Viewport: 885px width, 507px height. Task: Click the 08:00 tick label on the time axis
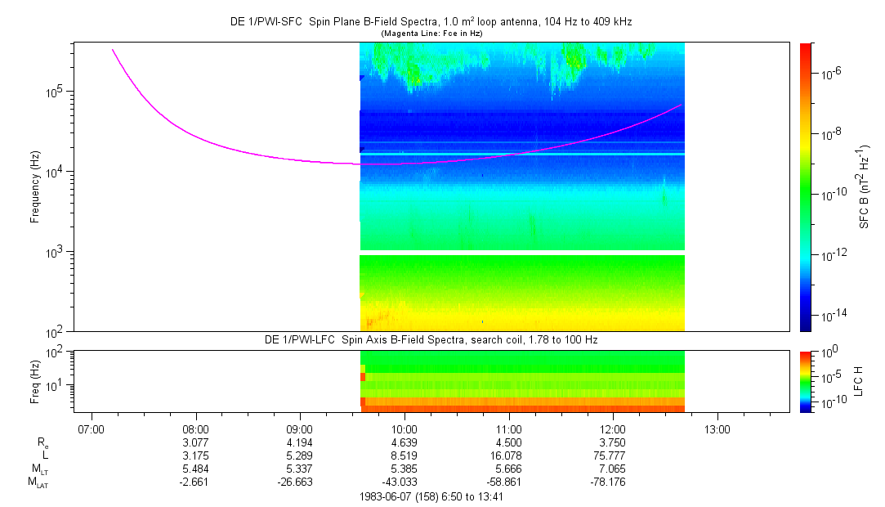tap(195, 428)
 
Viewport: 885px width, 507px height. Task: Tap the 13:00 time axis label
tap(717, 428)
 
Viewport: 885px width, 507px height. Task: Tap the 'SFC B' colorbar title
tap(865, 187)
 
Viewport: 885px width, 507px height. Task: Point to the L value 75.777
tap(613, 455)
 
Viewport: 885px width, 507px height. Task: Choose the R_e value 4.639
tap(405, 442)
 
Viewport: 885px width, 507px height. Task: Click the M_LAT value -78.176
tap(613, 482)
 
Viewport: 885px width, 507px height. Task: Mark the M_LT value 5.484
tap(196, 469)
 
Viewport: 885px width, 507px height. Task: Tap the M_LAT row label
tap(36, 482)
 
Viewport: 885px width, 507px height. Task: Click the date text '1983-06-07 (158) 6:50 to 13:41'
tap(430, 496)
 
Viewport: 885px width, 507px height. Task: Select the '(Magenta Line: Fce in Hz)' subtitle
tap(431, 34)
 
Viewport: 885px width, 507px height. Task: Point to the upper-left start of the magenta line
tap(113, 50)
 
